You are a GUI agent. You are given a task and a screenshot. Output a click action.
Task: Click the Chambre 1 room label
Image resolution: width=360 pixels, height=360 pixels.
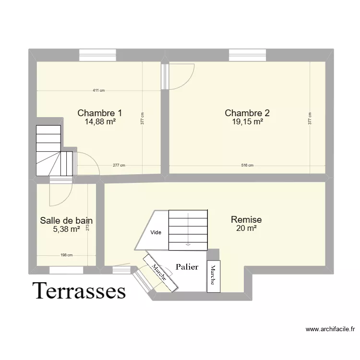pyautogui.click(x=99, y=113)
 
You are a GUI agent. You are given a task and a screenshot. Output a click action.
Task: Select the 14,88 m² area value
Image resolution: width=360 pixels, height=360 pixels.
pyautogui.click(x=100, y=122)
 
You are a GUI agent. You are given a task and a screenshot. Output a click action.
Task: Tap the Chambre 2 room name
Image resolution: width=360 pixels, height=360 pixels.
pyautogui.click(x=247, y=113)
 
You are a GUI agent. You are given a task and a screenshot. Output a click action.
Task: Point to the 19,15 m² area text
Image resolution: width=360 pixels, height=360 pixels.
pyautogui.click(x=247, y=122)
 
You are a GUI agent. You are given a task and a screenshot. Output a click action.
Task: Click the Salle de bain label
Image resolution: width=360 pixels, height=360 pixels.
pyautogui.click(x=66, y=221)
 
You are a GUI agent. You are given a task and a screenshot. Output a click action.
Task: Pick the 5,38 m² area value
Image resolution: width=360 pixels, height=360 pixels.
pyautogui.click(x=66, y=229)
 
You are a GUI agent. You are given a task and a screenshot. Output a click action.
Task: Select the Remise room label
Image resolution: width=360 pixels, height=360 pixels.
pyautogui.click(x=246, y=219)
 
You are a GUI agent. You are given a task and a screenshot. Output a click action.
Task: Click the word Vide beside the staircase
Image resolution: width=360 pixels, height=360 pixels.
pyautogui.click(x=156, y=233)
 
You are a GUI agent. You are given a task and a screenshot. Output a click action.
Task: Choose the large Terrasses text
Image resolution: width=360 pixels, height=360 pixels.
pyautogui.click(x=79, y=291)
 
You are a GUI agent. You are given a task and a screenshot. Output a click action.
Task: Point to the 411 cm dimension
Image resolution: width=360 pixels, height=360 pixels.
pyautogui.click(x=99, y=91)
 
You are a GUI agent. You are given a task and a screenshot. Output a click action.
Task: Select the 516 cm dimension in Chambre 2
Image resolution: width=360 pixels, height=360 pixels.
pyautogui.click(x=247, y=166)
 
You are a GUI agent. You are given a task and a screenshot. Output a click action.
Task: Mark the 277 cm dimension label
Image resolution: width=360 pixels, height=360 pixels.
pyautogui.click(x=119, y=166)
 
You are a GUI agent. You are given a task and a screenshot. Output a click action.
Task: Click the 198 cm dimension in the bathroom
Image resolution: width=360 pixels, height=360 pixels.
pyautogui.click(x=66, y=256)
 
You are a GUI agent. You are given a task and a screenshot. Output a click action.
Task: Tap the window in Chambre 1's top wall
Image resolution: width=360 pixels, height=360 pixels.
pyautogui.click(x=97, y=56)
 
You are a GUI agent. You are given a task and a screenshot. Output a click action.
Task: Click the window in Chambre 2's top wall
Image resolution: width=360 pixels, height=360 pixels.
pyautogui.click(x=248, y=56)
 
